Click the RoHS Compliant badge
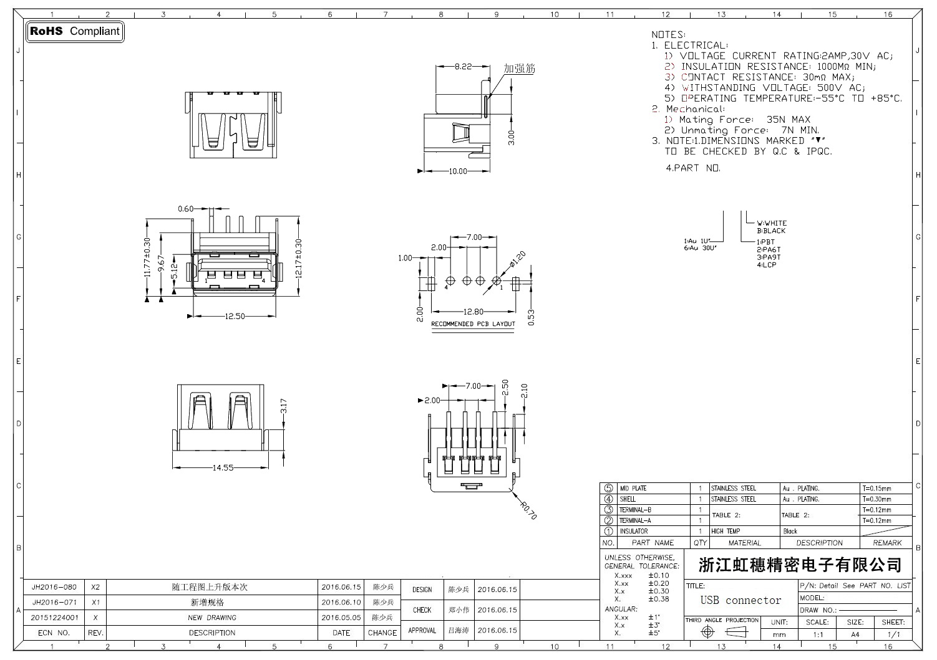[75, 31]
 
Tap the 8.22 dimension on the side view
[462, 66]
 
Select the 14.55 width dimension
[222, 467]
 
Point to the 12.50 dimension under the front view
[234, 316]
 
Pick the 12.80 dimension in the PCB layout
[473, 312]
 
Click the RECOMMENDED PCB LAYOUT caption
[473, 324]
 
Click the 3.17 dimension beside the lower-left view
[284, 407]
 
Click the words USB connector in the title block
[740, 600]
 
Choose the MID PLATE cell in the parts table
[633, 488]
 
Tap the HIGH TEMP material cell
[726, 531]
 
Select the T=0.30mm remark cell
[876, 499]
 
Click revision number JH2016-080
[54, 587]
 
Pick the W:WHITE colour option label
[772, 222]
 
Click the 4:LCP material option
[766, 265]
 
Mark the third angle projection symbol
[722, 631]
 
